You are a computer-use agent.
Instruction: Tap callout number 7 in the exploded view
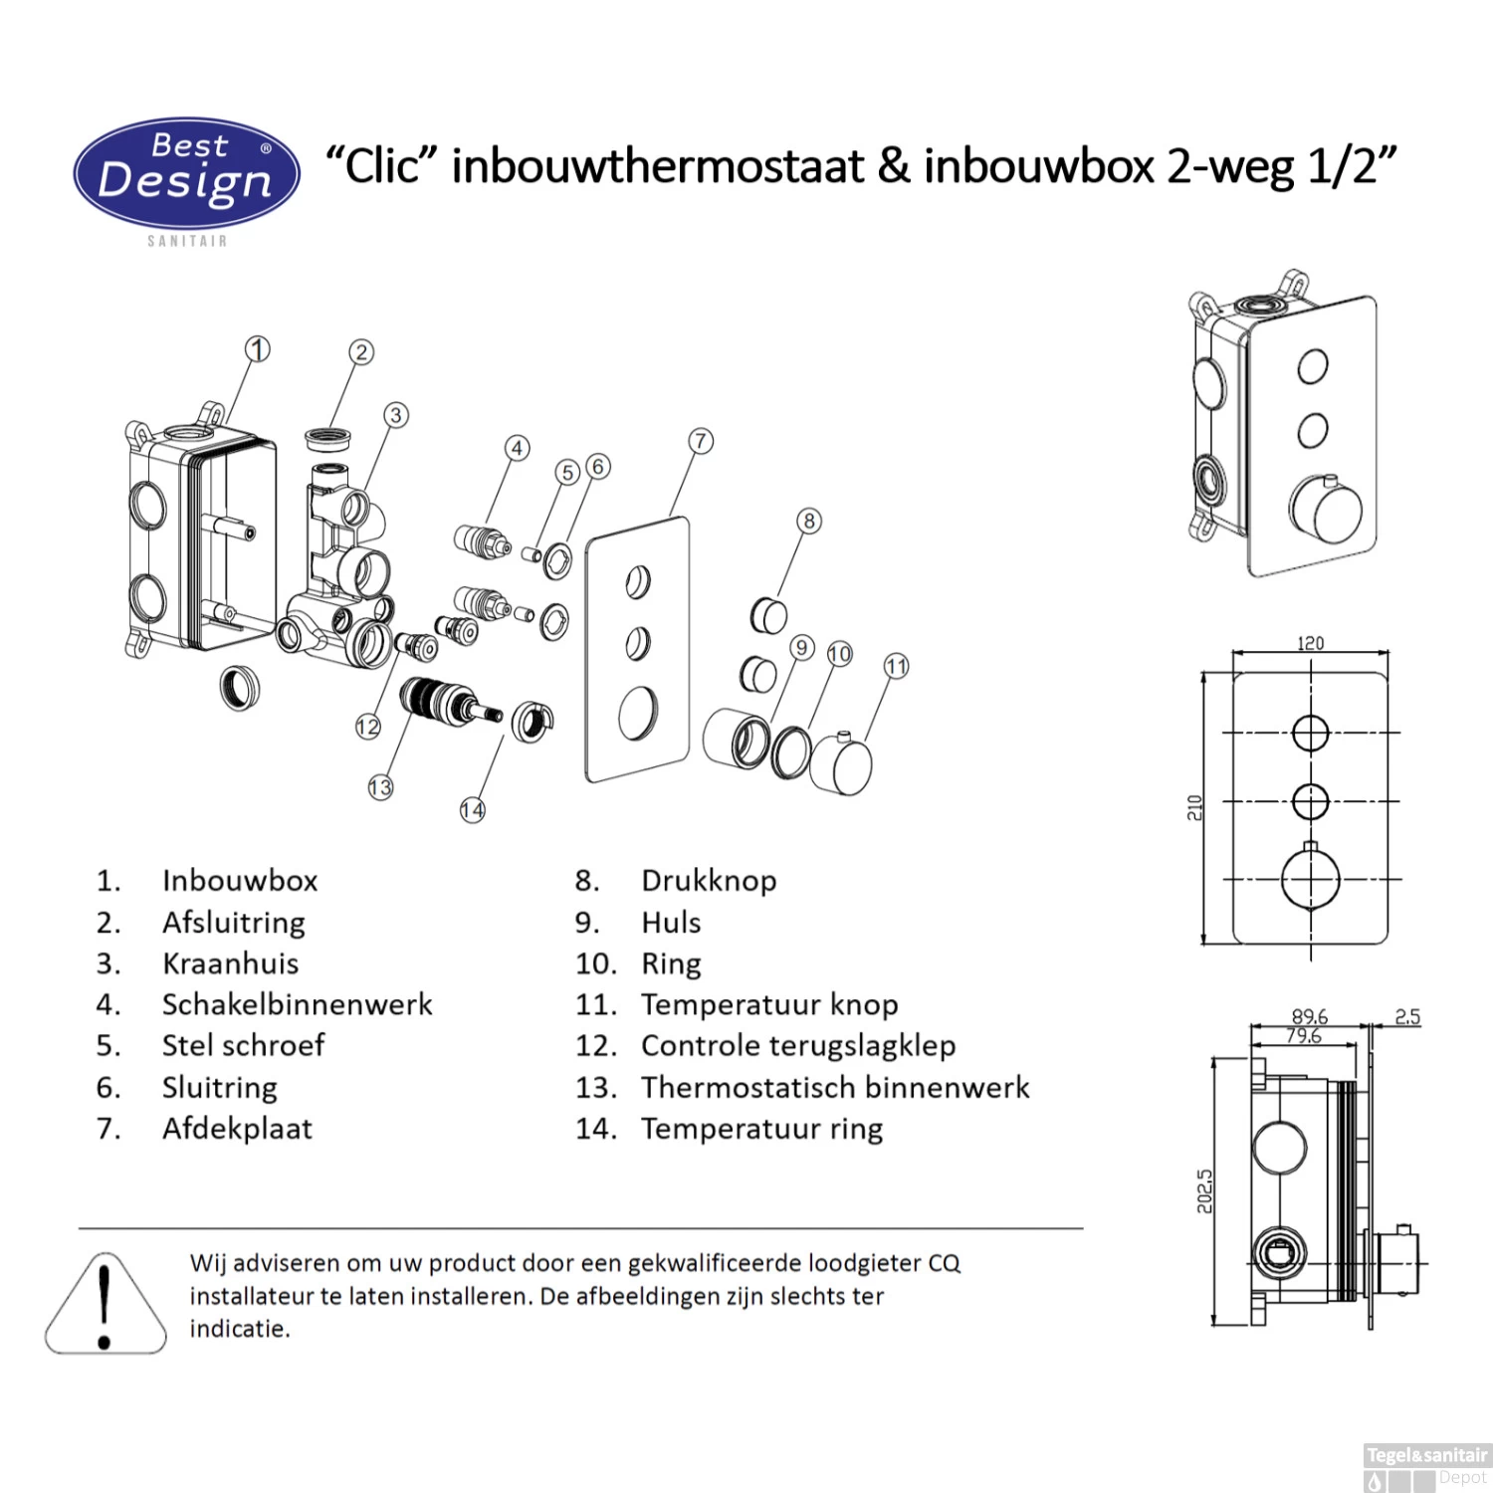[x=701, y=441]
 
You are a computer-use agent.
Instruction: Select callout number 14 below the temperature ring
[x=473, y=810]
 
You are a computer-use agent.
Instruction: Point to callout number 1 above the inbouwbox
[x=258, y=349]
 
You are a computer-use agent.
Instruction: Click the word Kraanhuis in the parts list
[x=230, y=963]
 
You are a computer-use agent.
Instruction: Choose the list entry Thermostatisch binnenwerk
[x=834, y=1087]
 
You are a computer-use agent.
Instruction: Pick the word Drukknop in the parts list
[x=709, y=881]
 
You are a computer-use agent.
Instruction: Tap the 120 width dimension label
[x=1310, y=643]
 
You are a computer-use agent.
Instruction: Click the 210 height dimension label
[x=1194, y=807]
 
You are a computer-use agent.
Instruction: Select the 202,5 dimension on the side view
[x=1204, y=1191]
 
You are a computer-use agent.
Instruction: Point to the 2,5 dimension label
[x=1406, y=1016]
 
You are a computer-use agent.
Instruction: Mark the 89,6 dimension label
[x=1309, y=1016]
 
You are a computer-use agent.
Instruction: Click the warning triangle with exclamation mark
[x=105, y=1306]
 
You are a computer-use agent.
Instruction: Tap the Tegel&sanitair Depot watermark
[x=1426, y=1466]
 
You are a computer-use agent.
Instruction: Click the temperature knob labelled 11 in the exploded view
[x=841, y=765]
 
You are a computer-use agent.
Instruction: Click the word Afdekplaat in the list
[x=237, y=1129]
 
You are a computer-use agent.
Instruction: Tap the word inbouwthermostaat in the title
[x=657, y=165]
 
